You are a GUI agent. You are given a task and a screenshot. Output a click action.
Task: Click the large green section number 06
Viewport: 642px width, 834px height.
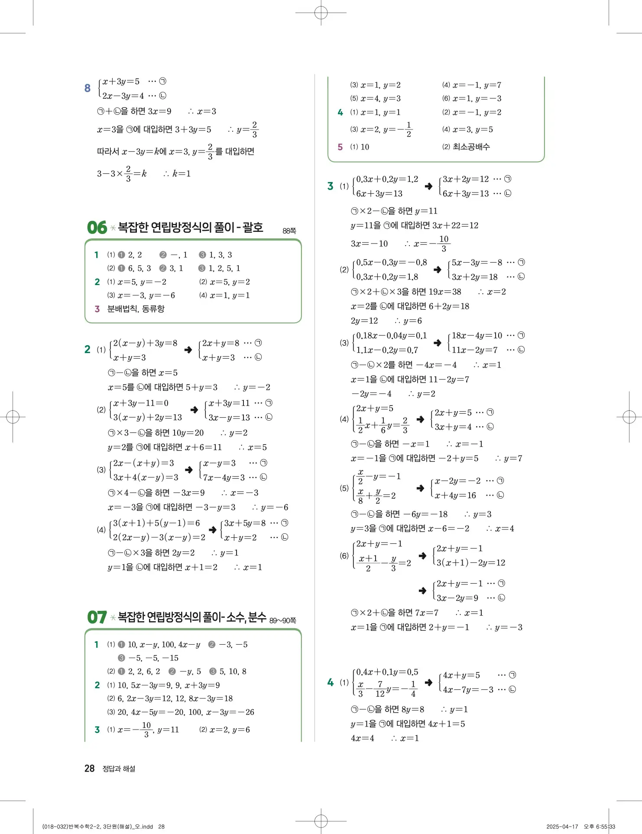pyautogui.click(x=97, y=227)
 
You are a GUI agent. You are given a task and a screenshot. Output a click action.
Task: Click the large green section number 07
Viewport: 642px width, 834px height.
pyautogui.click(x=97, y=617)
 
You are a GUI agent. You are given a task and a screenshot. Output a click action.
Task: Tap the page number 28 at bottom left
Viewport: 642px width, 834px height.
pyautogui.click(x=89, y=769)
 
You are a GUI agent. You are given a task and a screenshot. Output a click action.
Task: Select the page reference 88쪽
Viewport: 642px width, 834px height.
pyautogui.click(x=289, y=231)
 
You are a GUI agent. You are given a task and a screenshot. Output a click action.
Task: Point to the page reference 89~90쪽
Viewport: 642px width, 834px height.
pyautogui.click(x=282, y=620)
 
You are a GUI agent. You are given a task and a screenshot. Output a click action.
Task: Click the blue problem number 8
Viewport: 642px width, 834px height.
pyautogui.click(x=88, y=88)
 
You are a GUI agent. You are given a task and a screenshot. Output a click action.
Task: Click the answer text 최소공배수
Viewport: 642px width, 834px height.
pyautogui.click(x=471, y=147)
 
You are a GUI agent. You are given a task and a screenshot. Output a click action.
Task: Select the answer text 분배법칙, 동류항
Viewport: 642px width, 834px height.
pyautogui.click(x=136, y=309)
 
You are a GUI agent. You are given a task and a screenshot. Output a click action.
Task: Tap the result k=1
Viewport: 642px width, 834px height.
pyautogui.click(x=182, y=174)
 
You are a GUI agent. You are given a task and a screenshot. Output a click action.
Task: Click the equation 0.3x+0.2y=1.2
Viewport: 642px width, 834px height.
pyautogui.click(x=387, y=179)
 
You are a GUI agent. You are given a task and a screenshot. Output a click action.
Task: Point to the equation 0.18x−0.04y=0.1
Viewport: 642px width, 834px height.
pyautogui.click(x=391, y=336)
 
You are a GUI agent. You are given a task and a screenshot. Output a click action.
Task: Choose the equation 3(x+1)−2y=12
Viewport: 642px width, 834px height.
pyautogui.click(x=471, y=563)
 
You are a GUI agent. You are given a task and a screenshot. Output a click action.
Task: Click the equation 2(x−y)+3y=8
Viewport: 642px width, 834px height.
pyautogui.click(x=145, y=344)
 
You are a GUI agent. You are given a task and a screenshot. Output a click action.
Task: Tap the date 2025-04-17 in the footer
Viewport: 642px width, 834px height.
pyautogui.click(x=562, y=827)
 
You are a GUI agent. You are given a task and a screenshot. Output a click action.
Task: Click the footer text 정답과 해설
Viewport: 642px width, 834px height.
pyautogui.click(x=119, y=769)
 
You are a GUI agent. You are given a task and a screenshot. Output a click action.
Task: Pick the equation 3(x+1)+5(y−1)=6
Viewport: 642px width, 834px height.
pyautogui.click(x=156, y=523)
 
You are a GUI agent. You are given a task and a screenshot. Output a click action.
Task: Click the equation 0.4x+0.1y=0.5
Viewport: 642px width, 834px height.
pyautogui.click(x=387, y=672)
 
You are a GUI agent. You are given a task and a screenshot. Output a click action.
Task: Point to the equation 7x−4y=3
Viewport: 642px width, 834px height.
pyautogui.click(x=224, y=477)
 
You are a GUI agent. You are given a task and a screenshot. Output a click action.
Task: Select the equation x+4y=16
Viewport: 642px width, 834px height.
pyautogui.click(x=455, y=495)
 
